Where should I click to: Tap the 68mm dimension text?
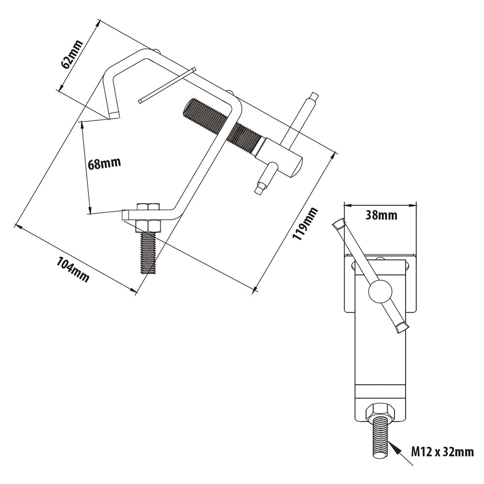coord(104,163)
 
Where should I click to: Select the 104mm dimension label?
coord(73,270)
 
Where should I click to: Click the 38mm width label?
coord(381,215)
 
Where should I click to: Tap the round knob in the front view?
coord(379,291)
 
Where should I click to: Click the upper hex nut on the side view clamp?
coord(148,208)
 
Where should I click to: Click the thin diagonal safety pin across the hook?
coord(166,85)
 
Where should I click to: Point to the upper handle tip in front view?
coord(339,224)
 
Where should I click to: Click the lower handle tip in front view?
coord(401,327)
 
